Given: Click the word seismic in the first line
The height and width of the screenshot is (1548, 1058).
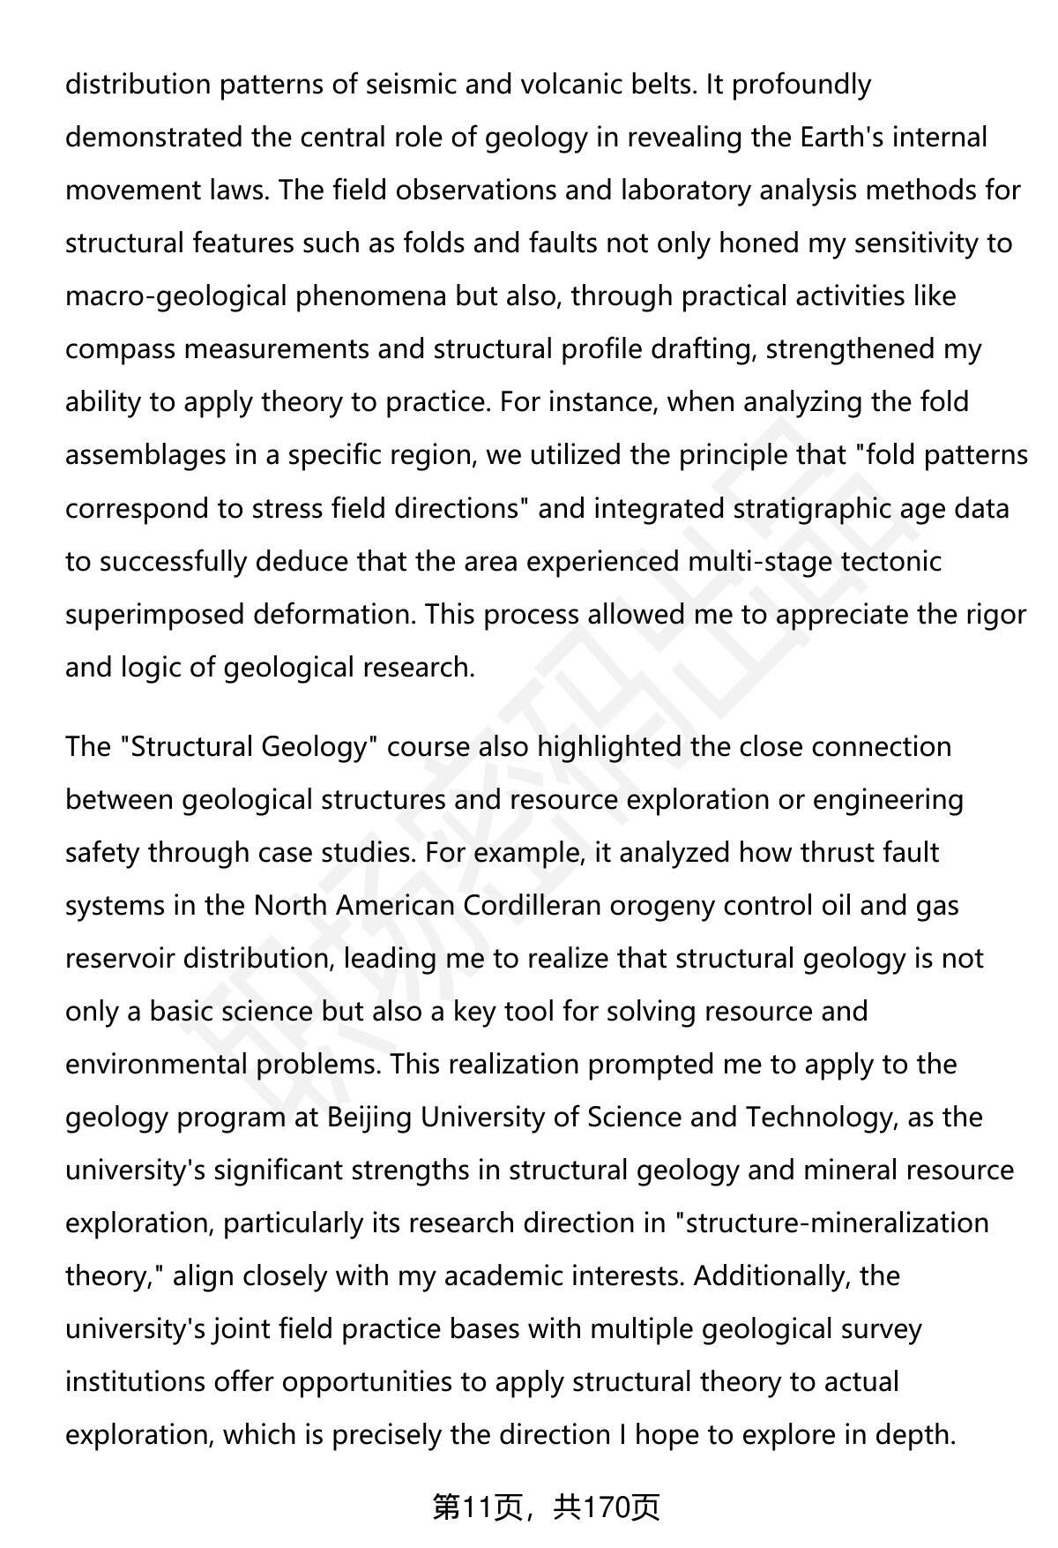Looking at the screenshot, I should click(412, 85).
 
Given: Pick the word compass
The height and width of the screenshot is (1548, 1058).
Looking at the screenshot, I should click(121, 349).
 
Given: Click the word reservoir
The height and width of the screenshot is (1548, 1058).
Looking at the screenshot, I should click(120, 959).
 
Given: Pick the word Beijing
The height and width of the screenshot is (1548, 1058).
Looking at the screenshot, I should click(369, 1118).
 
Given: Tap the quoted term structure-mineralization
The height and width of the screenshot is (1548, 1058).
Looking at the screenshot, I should click(837, 1223).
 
